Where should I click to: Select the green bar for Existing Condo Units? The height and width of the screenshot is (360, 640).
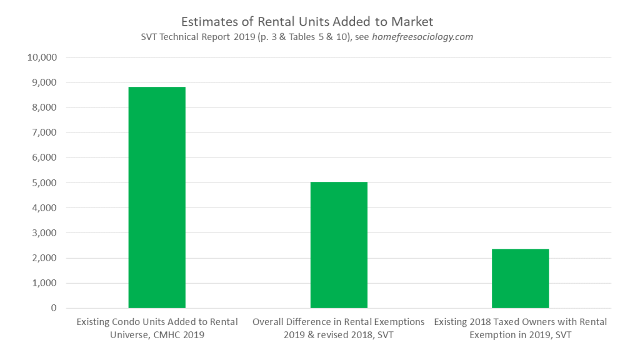[157, 197]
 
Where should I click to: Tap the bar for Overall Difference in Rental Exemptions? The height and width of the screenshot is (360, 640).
[339, 245]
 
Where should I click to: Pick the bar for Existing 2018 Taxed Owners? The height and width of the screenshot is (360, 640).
[521, 279]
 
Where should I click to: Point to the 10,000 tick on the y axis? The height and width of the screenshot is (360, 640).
[42, 57]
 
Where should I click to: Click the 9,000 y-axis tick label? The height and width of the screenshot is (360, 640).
[44, 82]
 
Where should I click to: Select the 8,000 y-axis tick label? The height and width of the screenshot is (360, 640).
[44, 107]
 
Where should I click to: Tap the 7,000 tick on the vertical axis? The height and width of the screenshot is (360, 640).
[44, 132]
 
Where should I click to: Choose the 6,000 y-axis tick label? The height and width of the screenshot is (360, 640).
[44, 157]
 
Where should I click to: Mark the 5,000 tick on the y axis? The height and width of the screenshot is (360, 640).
[44, 183]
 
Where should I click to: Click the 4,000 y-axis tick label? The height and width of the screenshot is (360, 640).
[44, 208]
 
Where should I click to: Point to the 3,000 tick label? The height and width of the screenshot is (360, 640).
[44, 233]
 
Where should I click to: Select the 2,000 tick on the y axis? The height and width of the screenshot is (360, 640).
[44, 258]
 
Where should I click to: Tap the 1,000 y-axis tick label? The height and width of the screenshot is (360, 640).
[44, 283]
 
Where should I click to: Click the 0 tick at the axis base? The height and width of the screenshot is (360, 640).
[54, 308]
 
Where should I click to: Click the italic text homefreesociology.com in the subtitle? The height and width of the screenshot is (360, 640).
[422, 37]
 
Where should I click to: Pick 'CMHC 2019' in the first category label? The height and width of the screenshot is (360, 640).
[181, 335]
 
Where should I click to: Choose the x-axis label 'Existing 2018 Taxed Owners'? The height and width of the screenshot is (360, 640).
[521, 322]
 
